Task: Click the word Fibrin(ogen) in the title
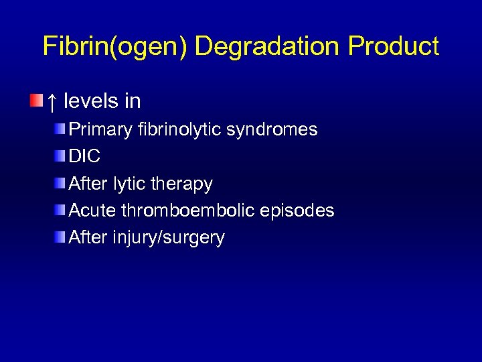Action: coord(115,46)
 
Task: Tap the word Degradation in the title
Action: coord(268,46)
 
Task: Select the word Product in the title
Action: coord(394,46)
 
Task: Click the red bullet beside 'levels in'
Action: coord(36,101)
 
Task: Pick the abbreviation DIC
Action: coord(85,156)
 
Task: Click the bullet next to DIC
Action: coord(61,156)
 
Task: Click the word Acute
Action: coord(93,210)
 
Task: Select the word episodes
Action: coord(298,210)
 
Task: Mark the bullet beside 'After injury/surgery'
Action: coord(61,237)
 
